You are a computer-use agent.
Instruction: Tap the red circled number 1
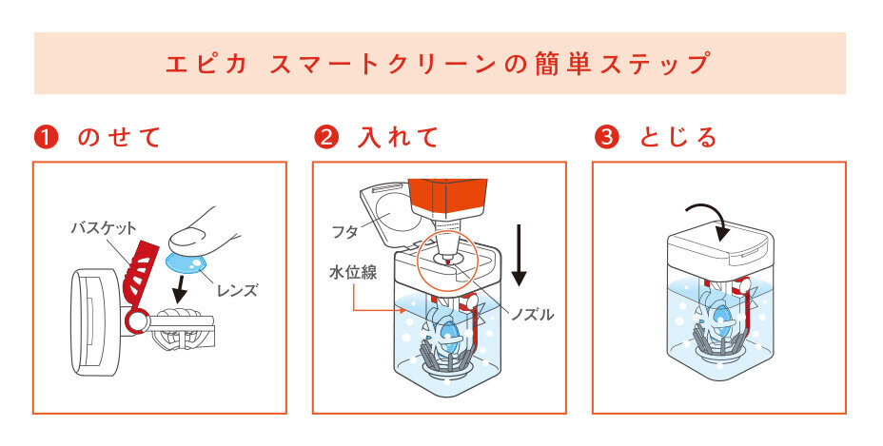tap(45, 137)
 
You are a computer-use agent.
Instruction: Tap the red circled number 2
tap(325, 137)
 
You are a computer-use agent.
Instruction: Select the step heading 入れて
tap(399, 137)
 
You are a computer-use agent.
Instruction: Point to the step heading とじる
tap(678, 137)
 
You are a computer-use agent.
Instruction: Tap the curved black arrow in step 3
tap(709, 215)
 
